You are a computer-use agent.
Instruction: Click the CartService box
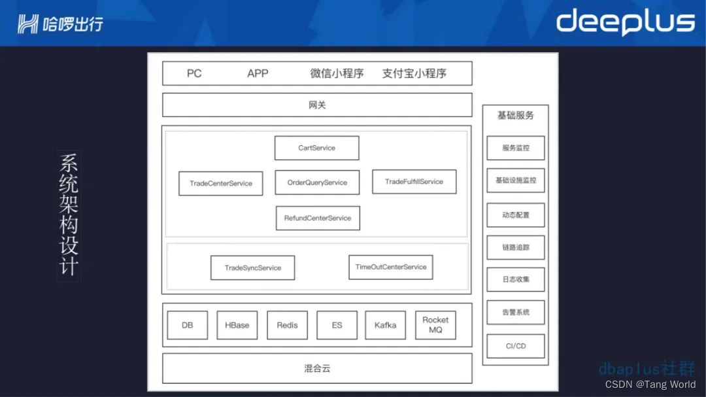click(316, 148)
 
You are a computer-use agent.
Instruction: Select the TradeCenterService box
click(221, 183)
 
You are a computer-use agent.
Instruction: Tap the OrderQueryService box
click(317, 182)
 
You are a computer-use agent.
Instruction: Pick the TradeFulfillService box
click(414, 182)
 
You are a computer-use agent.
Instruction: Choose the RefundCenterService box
click(318, 218)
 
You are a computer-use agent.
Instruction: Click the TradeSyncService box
click(252, 268)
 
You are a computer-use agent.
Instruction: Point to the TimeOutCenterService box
click(390, 267)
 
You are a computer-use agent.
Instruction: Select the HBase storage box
click(237, 325)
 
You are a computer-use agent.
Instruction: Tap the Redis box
click(287, 325)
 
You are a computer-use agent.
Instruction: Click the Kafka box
click(385, 325)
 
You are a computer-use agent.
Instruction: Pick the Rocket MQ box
click(435, 325)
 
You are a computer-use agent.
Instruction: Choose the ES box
click(337, 325)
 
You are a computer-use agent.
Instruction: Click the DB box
click(187, 325)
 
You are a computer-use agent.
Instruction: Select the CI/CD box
click(515, 346)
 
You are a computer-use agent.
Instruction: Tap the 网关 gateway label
click(317, 105)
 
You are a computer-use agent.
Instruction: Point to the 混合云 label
click(317, 368)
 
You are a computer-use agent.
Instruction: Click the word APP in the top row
click(258, 73)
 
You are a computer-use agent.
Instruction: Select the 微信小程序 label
click(337, 73)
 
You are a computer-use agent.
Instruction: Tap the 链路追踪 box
click(515, 247)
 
